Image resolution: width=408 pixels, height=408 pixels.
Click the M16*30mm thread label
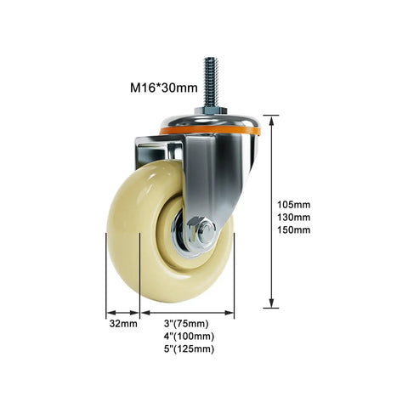pyautogui.click(x=164, y=88)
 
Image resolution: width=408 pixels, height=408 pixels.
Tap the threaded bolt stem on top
pyautogui.click(x=211, y=82)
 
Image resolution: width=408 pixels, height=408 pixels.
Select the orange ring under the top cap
pyautogui.click(x=210, y=131)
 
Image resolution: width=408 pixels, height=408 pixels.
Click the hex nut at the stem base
pyautogui.click(x=210, y=110)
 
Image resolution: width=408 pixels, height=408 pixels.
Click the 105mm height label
pyautogui.click(x=294, y=205)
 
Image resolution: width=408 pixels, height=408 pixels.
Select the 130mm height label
pyautogui.click(x=294, y=218)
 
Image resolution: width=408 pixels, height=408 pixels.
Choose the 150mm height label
pyautogui.click(x=294, y=229)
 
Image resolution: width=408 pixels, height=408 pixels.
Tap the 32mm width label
pyautogui.click(x=123, y=324)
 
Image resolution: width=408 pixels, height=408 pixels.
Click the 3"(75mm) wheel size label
pyautogui.click(x=186, y=324)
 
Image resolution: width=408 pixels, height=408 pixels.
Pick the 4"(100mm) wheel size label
pyautogui.click(x=189, y=337)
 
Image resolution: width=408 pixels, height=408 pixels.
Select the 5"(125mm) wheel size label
pyautogui.click(x=189, y=349)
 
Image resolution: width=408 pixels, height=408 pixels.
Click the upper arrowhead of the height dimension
pyautogui.click(x=271, y=121)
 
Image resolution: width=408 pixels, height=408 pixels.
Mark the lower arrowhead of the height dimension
pyautogui.click(x=271, y=303)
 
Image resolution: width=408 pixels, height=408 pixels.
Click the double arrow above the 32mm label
pyautogui.click(x=123, y=313)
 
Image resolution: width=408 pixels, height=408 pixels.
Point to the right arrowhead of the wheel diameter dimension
pyautogui.click(x=229, y=313)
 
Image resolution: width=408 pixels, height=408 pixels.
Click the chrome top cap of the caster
pyautogui.click(x=210, y=122)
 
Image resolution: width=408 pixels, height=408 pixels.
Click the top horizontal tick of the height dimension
pyautogui.click(x=271, y=116)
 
